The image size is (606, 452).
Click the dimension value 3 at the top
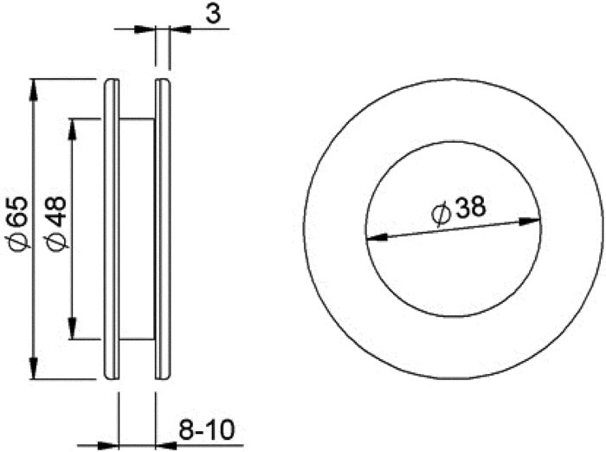pos(213,15)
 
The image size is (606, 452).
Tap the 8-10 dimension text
pos(206,430)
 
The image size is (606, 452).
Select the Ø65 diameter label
pos(17,223)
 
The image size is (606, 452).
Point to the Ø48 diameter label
pos(56,223)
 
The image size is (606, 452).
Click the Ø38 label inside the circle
pos(459,210)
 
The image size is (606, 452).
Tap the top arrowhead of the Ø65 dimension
pos(34,89)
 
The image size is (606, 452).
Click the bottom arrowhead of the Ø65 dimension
pos(34,369)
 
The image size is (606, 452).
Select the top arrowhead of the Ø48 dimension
pos(72,129)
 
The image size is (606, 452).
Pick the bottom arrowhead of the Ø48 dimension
pos(72,329)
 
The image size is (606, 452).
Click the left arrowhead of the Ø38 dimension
pos(377,236)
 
